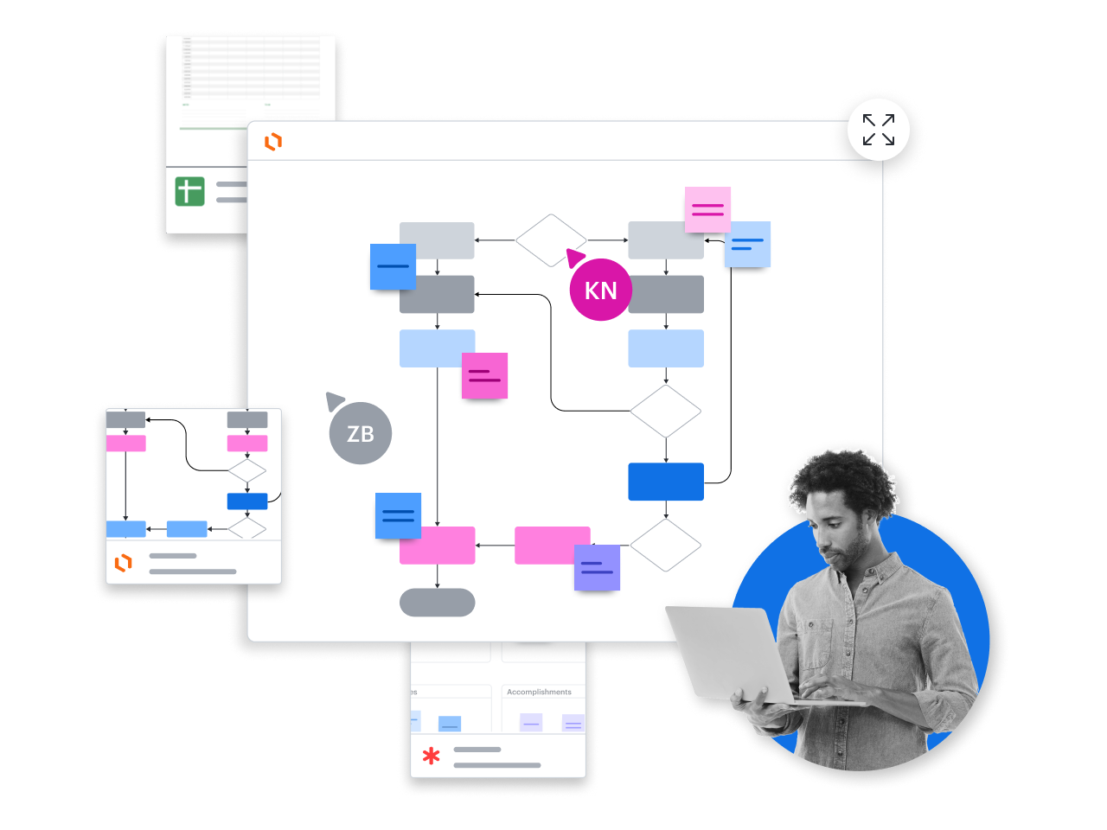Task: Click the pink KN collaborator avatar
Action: coord(600,290)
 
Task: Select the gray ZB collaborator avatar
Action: coord(361,433)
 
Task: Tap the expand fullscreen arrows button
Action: coord(879,130)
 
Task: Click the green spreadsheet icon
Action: coord(189,190)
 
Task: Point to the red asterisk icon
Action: coord(431,757)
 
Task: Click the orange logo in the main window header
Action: coord(273,142)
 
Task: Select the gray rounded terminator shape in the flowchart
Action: coord(437,603)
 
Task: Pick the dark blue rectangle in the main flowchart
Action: coord(665,482)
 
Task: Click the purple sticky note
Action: coord(597,567)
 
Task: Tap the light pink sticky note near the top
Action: coord(707,209)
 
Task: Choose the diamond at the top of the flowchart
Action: coord(551,240)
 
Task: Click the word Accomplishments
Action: coord(539,692)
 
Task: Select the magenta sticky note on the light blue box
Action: coord(484,375)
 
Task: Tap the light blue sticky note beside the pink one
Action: coord(747,244)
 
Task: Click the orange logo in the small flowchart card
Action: coord(124,563)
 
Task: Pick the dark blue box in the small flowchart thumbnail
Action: coord(247,501)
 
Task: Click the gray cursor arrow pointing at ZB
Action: coord(334,400)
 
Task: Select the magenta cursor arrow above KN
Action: coord(574,257)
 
